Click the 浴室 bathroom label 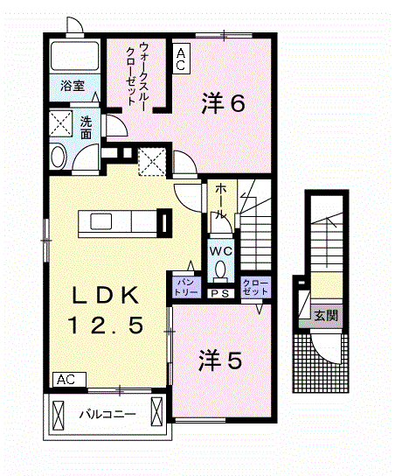(x=72, y=87)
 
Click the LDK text (x=103, y=293)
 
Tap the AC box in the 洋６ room (x=181, y=58)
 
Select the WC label (x=218, y=248)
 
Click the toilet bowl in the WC (x=219, y=268)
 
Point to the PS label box (x=219, y=293)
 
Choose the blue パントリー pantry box (x=188, y=284)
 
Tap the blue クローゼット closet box (x=255, y=285)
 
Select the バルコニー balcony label (x=108, y=413)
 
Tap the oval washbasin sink (x=59, y=157)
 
